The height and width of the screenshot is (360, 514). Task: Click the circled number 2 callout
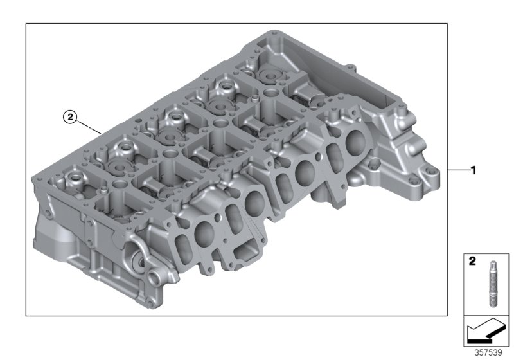click(x=70, y=117)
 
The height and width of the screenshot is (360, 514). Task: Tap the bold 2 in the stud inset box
click(x=472, y=262)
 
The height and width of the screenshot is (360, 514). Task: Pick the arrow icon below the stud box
click(x=486, y=333)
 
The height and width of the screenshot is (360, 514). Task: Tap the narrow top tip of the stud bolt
click(x=492, y=263)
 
